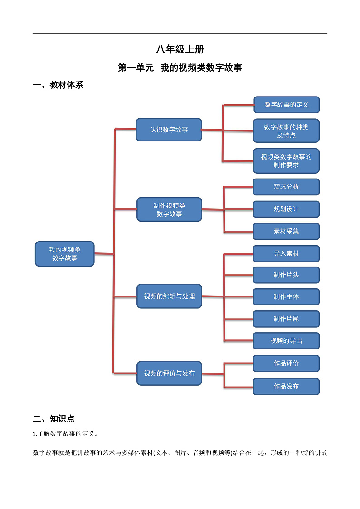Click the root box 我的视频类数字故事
[x=65, y=254]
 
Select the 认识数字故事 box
[x=169, y=130]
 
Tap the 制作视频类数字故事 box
[x=169, y=209]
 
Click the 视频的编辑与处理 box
[x=169, y=296]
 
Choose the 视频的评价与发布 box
[x=169, y=373]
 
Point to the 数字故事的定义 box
[x=286, y=105]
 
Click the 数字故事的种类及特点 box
[x=286, y=131]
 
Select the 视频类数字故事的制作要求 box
[x=286, y=161]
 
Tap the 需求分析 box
[x=286, y=187]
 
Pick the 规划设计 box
[x=286, y=209]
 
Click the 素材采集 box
[x=286, y=231]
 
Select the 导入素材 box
[x=286, y=253]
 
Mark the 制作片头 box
[x=286, y=275]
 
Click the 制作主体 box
[x=286, y=296]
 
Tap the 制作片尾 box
[x=286, y=319]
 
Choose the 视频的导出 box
[x=286, y=340]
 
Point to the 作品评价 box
[x=286, y=363]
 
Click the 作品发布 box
[x=286, y=386]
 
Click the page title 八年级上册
[x=180, y=50]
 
